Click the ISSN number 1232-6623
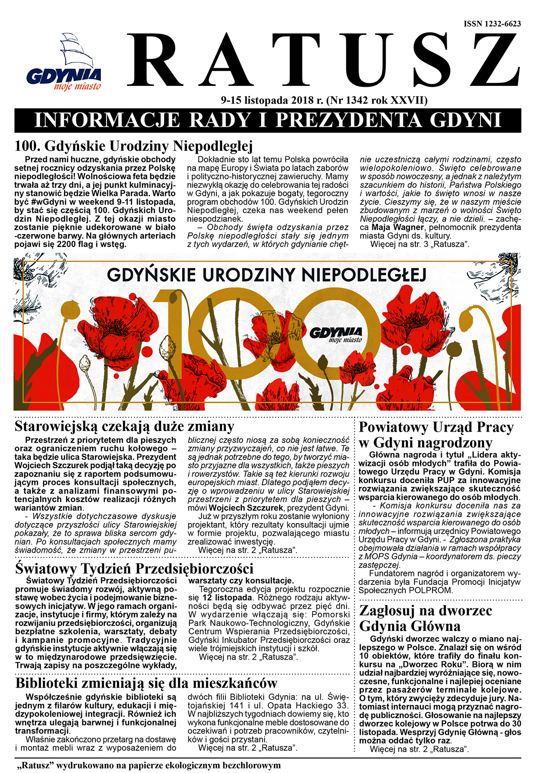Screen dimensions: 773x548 (x=492, y=24)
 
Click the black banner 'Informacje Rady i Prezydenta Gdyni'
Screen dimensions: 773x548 (x=268, y=120)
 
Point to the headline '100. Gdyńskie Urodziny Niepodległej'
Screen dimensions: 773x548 (x=134, y=146)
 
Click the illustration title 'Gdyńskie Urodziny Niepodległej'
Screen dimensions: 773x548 (x=266, y=275)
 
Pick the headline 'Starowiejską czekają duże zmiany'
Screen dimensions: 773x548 (x=125, y=426)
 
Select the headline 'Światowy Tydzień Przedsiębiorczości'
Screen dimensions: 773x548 (x=134, y=569)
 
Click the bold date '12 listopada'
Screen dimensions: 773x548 (x=226, y=598)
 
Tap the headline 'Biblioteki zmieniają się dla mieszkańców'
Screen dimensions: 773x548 (x=146, y=683)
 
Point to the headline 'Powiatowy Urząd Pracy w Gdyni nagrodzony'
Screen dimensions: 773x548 (x=436, y=435)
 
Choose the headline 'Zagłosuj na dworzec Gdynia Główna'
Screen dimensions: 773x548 (x=425, y=618)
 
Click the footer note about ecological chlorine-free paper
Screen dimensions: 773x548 (x=148, y=765)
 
